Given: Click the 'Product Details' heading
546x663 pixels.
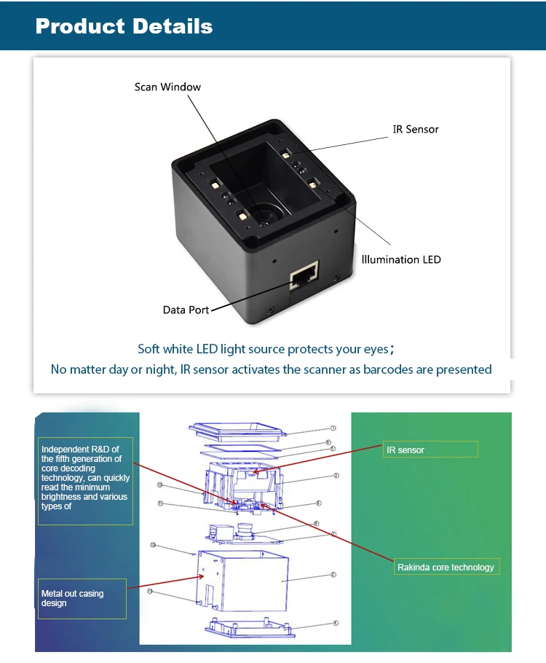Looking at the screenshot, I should [x=124, y=27].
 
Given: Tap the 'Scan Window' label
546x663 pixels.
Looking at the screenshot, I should [x=167, y=87].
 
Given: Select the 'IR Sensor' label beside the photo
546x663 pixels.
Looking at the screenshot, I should [x=416, y=129].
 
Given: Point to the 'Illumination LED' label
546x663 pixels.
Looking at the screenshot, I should [x=401, y=259].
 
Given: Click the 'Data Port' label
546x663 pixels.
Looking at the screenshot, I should [x=186, y=310].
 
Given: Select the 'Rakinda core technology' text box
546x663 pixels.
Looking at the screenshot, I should [x=446, y=567].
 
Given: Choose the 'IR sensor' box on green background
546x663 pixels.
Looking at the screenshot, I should [x=430, y=450].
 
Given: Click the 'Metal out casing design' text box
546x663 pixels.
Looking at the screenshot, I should [x=82, y=598].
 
